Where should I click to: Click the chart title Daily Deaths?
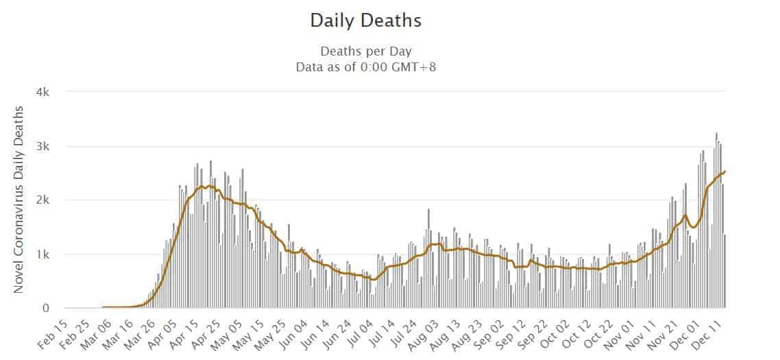(365, 21)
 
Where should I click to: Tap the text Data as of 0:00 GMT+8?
(365, 67)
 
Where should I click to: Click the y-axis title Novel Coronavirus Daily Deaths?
(20, 200)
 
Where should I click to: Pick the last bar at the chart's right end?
(725, 272)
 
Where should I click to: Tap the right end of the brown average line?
(725, 171)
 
